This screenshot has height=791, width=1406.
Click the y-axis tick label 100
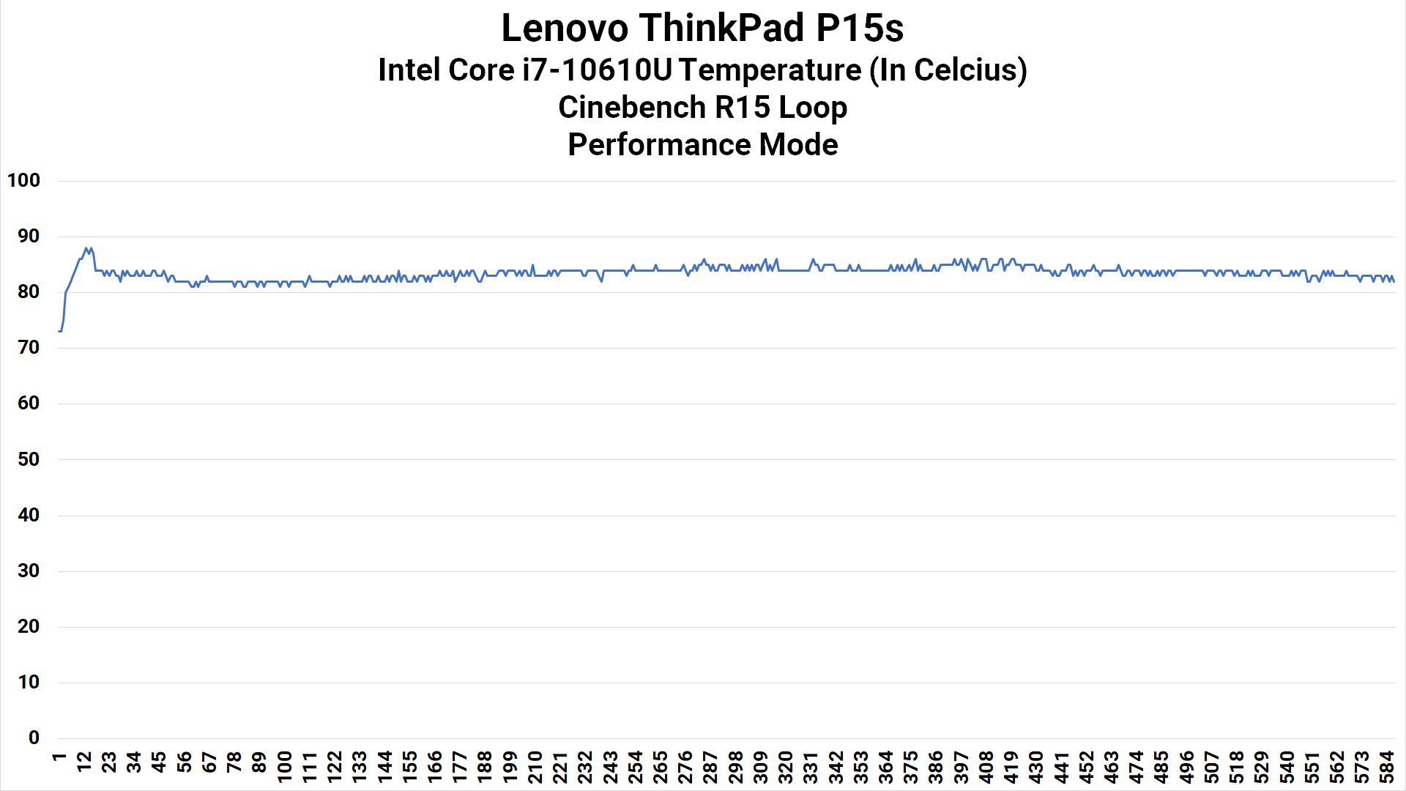point(23,180)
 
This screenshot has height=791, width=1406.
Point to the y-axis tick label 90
point(29,236)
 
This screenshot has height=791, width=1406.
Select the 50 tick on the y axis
point(29,459)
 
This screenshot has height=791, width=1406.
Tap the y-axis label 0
point(34,738)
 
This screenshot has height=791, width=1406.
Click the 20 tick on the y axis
point(29,626)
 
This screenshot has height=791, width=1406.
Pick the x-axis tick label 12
point(84,762)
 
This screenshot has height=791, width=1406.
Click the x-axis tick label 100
point(284,766)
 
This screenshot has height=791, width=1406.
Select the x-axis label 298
point(734,766)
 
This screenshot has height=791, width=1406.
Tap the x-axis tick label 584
point(1386,766)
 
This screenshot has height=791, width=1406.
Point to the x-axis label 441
point(1060,766)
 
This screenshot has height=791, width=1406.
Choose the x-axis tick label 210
point(535,766)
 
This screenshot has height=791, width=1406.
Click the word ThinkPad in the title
point(721,28)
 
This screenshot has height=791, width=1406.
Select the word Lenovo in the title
point(565,28)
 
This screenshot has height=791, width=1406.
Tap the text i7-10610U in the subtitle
point(597,70)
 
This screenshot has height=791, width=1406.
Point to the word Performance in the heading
point(659,145)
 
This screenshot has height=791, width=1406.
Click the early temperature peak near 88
point(86,248)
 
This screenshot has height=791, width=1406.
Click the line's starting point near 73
point(59,331)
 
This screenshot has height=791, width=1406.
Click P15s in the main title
point(860,28)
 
